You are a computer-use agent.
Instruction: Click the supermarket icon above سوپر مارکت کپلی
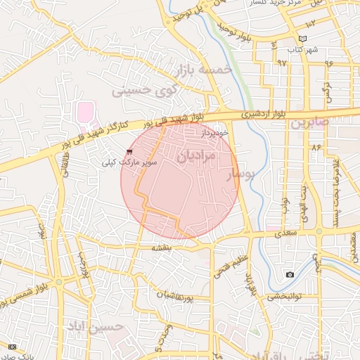coord(129,151)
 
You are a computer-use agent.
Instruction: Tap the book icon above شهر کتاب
coord(303,39)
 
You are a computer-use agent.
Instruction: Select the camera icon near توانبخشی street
coord(290,274)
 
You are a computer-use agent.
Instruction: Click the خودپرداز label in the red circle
coord(214,132)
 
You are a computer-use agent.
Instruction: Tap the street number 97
coord(282,63)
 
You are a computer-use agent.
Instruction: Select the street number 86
coord(316,148)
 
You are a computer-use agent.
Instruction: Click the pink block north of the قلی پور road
coord(85,111)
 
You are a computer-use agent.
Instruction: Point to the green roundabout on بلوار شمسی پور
coord(58,282)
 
